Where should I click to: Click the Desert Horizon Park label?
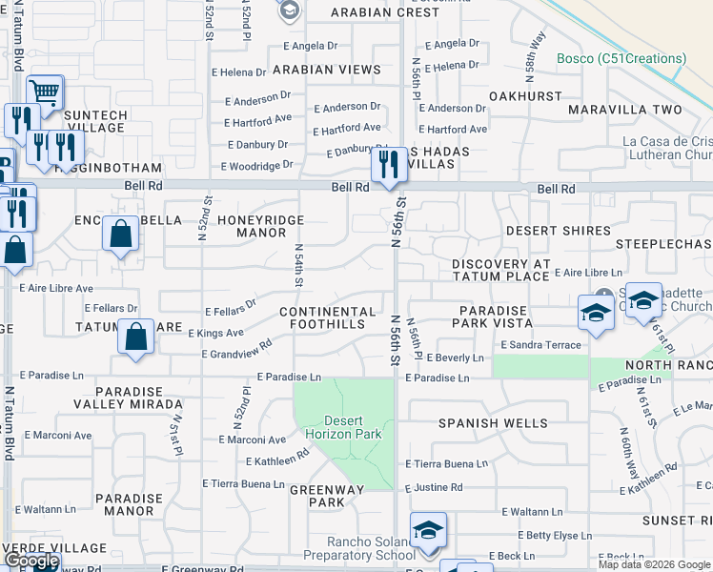click(352, 427)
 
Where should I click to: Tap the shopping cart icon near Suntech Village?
click(45, 92)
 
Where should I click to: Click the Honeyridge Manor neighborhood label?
click(260, 226)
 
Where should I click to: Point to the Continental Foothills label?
click(328, 318)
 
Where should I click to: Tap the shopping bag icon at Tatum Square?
click(136, 337)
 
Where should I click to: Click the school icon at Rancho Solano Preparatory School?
click(428, 530)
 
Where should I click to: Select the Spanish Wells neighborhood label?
click(493, 422)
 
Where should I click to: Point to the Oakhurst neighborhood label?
click(525, 96)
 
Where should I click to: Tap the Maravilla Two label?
click(625, 110)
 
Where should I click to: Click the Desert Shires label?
click(558, 231)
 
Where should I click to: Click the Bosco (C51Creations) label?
click(621, 59)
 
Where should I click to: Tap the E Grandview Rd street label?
click(237, 349)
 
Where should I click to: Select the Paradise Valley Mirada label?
click(135, 398)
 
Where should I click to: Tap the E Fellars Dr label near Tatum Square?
click(112, 308)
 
